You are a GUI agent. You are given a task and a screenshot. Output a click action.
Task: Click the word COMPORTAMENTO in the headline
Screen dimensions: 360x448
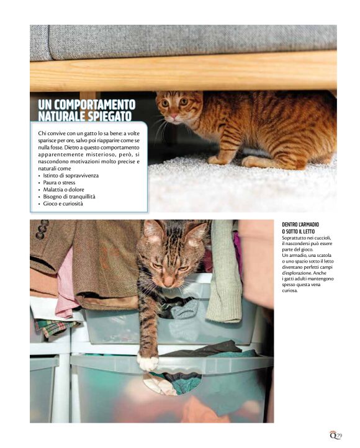click(x=94, y=105)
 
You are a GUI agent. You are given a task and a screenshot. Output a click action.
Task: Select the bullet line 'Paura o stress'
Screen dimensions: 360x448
click(x=59, y=182)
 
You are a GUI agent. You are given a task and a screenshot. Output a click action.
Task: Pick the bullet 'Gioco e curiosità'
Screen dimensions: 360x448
click(x=63, y=204)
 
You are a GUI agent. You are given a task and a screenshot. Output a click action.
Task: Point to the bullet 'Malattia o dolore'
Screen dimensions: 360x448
click(x=63, y=190)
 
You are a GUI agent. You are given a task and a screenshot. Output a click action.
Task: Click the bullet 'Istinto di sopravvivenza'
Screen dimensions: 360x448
click(x=71, y=176)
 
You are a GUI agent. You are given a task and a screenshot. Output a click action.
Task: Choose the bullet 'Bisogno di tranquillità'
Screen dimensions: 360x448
click(x=69, y=197)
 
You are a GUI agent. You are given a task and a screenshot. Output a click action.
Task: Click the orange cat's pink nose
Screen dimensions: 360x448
click(x=174, y=115)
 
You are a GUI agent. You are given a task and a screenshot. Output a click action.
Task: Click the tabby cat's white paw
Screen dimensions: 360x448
click(x=148, y=362)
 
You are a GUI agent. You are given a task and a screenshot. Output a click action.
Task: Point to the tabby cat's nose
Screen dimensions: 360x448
click(x=168, y=282)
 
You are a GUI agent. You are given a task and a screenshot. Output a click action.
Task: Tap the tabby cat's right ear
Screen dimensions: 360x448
click(x=197, y=234)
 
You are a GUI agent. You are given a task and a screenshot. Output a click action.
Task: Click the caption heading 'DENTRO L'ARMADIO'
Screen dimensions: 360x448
click(x=300, y=225)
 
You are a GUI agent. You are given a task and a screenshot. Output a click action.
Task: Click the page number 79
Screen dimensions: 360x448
click(x=339, y=436)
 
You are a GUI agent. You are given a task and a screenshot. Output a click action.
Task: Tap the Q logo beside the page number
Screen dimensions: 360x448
click(x=333, y=435)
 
